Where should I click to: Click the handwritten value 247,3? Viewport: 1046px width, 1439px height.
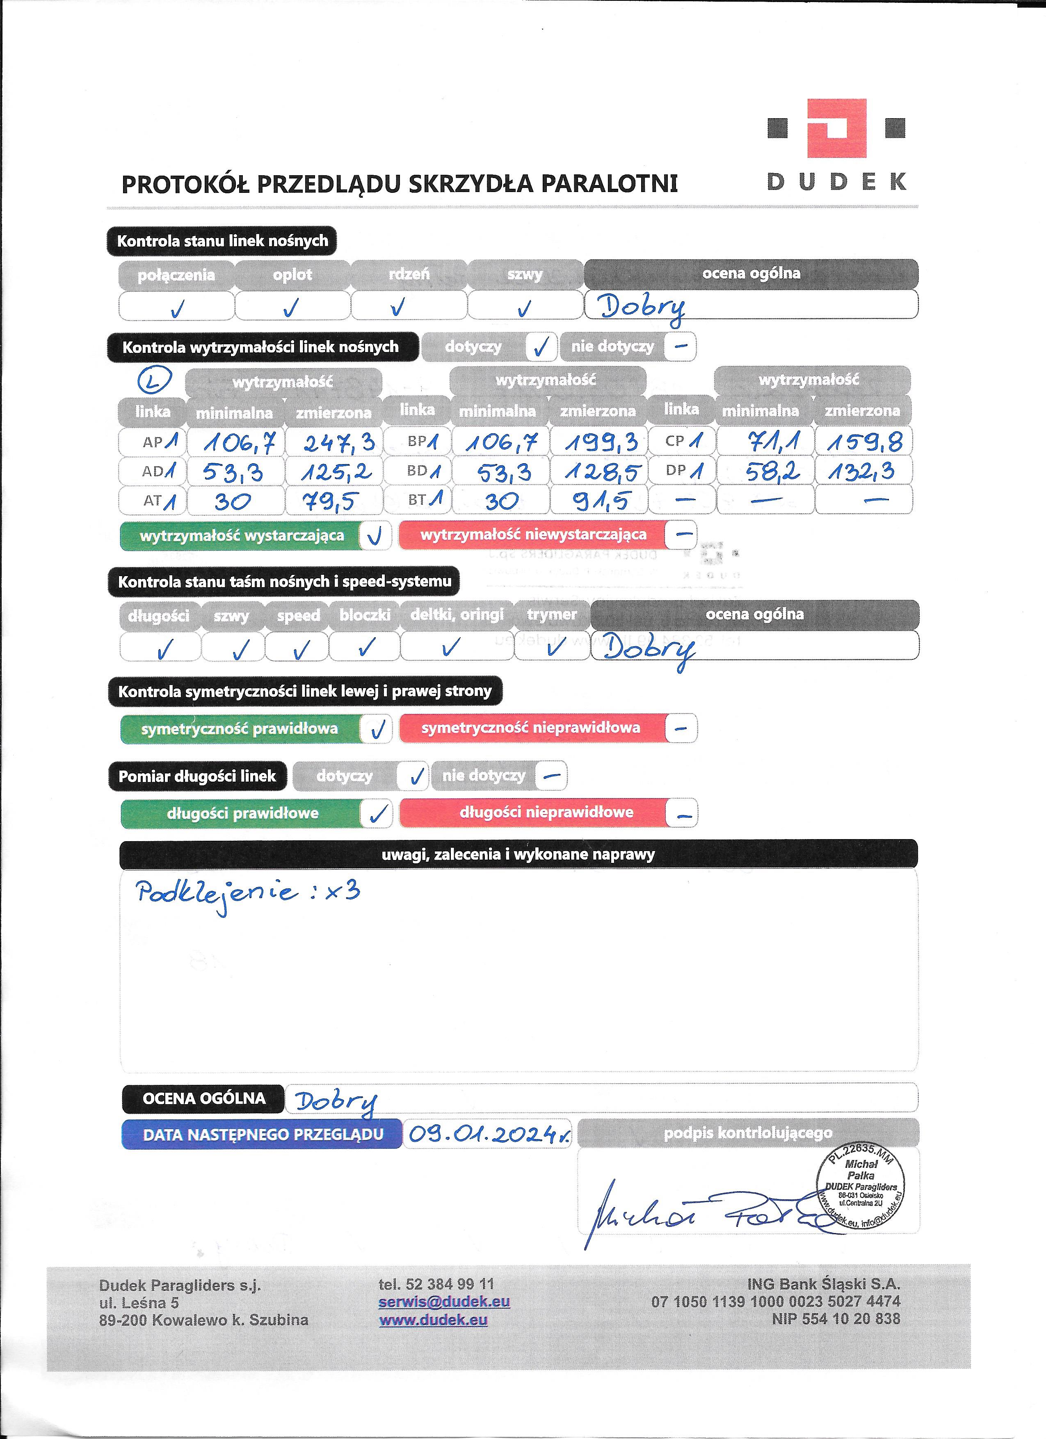tap(339, 442)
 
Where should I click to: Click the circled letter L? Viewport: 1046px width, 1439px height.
tap(155, 381)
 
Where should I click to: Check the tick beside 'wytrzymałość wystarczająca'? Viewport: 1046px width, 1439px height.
tap(375, 536)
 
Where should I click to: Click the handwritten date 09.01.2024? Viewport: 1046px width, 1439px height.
tap(489, 1134)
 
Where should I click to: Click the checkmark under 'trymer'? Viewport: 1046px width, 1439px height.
tap(556, 647)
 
